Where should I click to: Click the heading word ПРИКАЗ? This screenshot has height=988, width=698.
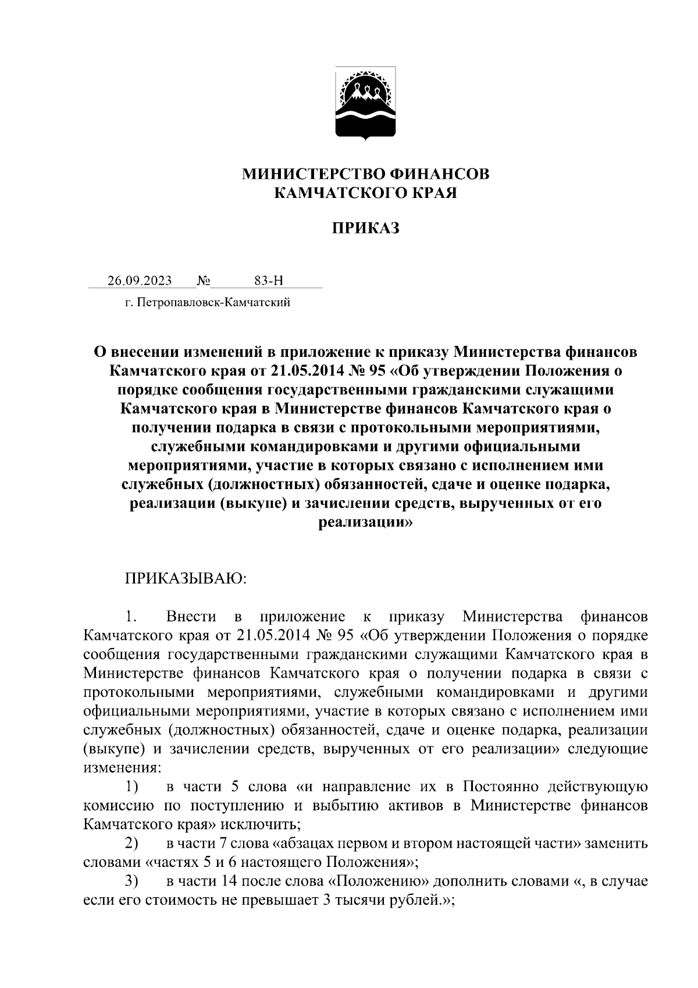(366, 228)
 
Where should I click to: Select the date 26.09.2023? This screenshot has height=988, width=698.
(140, 281)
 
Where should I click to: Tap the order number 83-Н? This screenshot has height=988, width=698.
(269, 281)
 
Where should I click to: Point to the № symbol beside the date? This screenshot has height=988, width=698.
(204, 281)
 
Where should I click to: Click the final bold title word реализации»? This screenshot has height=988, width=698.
(366, 522)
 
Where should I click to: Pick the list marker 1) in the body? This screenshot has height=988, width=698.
(131, 787)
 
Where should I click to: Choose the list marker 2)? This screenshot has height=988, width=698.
(131, 844)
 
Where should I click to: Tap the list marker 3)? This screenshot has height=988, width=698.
(131, 881)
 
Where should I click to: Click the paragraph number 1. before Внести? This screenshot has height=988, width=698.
(130, 617)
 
